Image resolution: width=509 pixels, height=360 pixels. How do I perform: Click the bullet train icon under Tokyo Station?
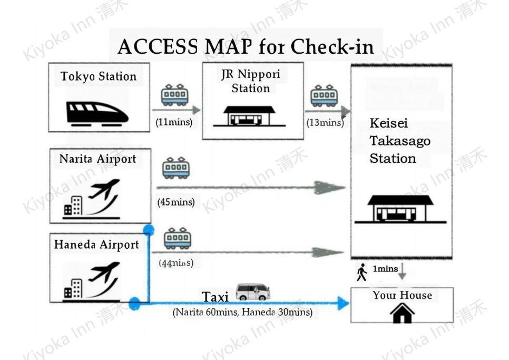97,114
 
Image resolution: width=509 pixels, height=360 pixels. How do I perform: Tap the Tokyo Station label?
99,76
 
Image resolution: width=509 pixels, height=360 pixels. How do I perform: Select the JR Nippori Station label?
251,81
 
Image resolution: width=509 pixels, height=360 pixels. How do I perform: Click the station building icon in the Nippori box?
249,116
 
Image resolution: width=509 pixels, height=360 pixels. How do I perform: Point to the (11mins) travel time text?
174,122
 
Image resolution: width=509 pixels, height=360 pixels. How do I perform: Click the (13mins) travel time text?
325,122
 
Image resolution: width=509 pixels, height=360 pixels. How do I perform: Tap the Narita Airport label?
97,159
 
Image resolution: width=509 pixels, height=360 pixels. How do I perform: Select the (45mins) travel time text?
176,202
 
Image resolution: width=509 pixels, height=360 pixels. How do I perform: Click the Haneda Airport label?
96,245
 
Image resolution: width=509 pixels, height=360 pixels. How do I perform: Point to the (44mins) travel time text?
176,262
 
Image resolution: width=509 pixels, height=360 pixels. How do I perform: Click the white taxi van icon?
253,291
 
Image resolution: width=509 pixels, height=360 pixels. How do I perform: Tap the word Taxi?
215,297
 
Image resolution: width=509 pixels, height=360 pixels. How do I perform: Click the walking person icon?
361,272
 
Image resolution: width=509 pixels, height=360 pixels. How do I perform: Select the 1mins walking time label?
385,269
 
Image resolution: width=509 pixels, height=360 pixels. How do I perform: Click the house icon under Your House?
402,313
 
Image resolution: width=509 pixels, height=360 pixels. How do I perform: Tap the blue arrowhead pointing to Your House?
344,304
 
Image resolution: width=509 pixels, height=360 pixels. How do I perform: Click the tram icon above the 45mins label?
176,168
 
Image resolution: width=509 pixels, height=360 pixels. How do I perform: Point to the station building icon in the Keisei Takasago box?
400,209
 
